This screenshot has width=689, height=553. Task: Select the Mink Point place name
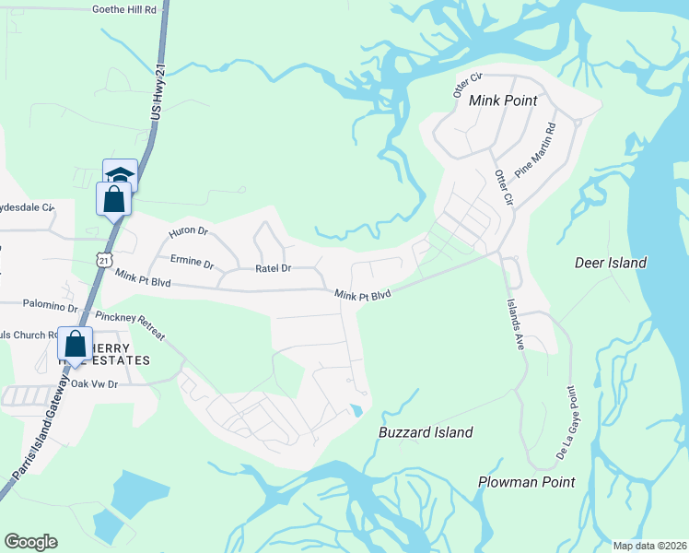point(503,100)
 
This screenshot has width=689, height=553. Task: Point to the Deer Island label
point(611,263)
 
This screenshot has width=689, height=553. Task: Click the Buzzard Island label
point(426,432)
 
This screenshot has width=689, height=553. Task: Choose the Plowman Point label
point(526,482)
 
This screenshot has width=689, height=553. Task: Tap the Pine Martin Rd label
point(537,150)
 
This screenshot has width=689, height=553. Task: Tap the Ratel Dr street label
point(273,269)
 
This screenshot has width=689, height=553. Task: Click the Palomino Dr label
point(52,305)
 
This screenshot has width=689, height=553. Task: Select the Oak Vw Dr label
point(96,383)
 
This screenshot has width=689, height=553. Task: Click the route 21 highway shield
point(107,262)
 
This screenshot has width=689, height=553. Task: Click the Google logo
point(30,542)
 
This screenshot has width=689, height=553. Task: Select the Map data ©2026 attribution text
point(648,545)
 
